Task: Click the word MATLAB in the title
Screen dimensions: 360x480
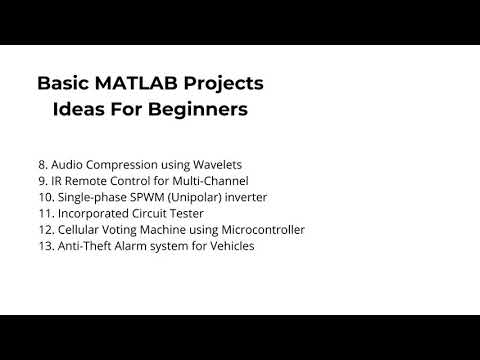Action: (x=139, y=83)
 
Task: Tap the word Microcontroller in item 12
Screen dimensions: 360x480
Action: (x=259, y=229)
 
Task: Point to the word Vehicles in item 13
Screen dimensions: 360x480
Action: (x=229, y=245)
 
